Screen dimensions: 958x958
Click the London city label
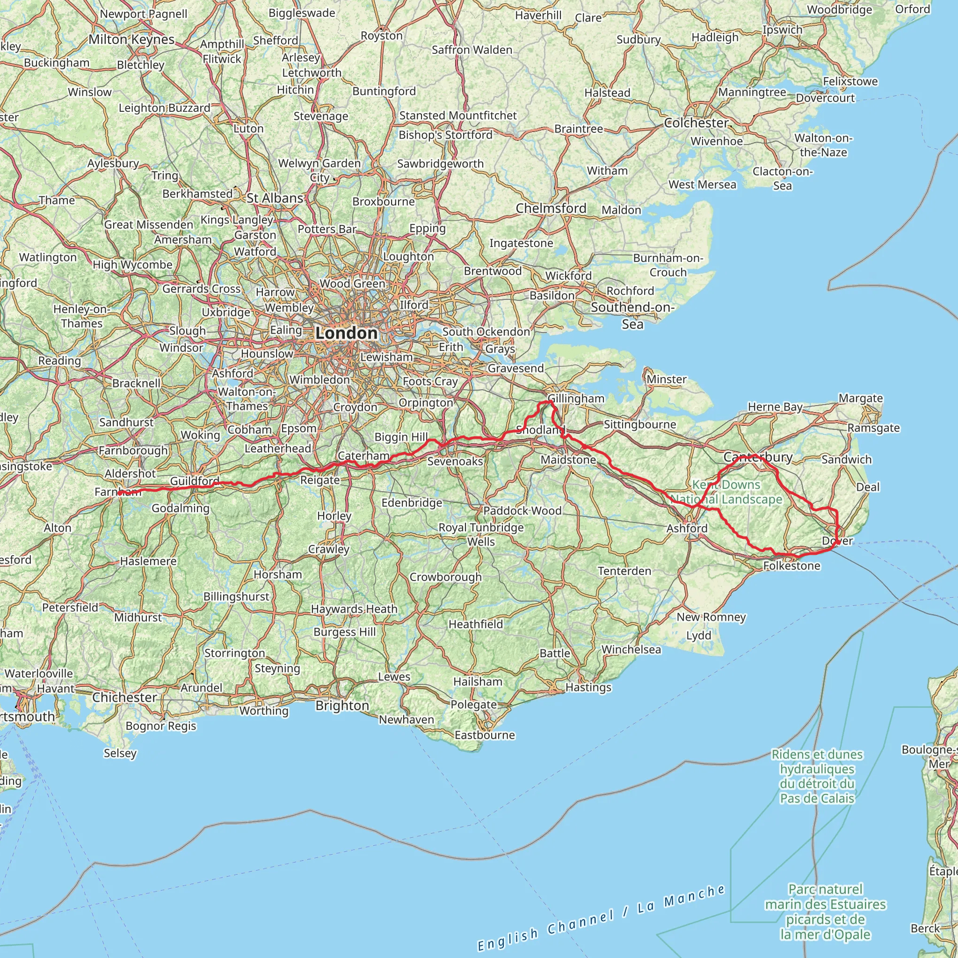coord(346,333)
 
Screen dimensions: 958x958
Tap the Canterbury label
coord(758,457)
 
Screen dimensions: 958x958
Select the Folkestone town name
coord(791,566)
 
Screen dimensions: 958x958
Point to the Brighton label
coord(342,705)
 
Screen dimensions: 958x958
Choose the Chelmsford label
coord(551,208)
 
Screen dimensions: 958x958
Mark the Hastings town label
coord(588,687)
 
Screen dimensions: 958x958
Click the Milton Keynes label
coord(131,40)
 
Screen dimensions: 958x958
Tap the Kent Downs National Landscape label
coord(726,492)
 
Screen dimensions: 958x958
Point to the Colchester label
coord(696,123)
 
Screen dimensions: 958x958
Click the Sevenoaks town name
coord(455,462)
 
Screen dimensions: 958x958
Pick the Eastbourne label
coord(485,735)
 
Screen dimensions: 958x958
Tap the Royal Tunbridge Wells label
coord(481,535)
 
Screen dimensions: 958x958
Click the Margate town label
coord(860,398)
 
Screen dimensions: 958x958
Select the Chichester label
coord(124,697)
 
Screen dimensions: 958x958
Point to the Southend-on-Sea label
coord(632,315)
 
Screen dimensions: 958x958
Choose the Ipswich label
coord(782,30)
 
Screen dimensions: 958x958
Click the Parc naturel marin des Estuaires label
coord(825,911)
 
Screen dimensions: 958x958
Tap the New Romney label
coord(711,617)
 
